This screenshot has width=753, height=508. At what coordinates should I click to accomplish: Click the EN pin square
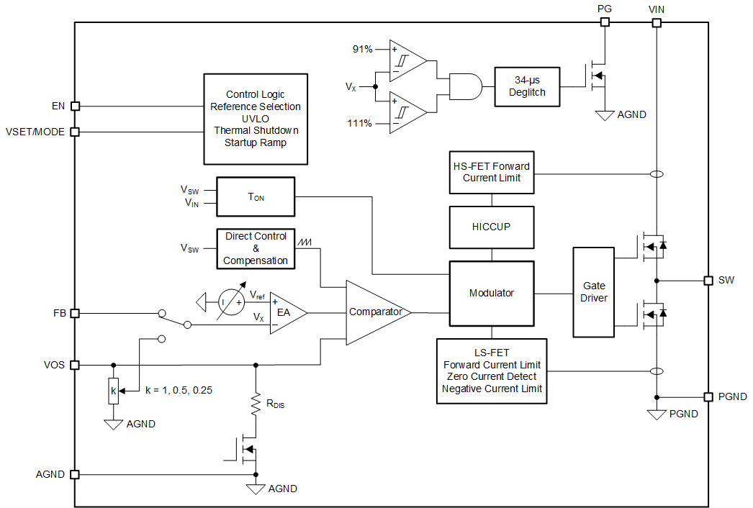(x=75, y=106)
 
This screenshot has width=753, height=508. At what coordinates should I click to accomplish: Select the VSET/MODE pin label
(x=35, y=132)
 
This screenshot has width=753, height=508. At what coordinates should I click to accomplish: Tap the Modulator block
(x=492, y=293)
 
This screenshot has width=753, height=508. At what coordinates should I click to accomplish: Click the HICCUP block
(x=492, y=227)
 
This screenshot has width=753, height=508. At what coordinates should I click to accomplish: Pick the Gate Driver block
(x=594, y=291)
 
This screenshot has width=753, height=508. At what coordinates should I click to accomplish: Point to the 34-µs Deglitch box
(x=527, y=86)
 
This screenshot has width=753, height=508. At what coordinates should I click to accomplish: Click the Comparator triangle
(x=374, y=312)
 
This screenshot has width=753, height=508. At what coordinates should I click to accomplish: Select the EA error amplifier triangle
(x=286, y=313)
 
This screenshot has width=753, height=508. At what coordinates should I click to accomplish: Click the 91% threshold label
(x=362, y=50)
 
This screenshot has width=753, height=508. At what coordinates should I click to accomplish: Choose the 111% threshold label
(x=360, y=123)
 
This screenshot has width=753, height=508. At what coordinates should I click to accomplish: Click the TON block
(x=256, y=197)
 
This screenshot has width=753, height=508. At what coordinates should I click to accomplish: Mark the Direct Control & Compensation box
(x=256, y=248)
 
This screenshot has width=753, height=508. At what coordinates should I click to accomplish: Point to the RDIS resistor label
(x=275, y=404)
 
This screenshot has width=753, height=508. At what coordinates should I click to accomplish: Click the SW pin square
(x=708, y=280)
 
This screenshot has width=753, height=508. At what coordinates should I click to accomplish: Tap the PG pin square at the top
(x=605, y=22)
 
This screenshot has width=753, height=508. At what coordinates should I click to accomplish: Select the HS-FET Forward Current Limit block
(x=492, y=172)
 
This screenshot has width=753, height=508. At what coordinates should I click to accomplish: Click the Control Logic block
(x=256, y=119)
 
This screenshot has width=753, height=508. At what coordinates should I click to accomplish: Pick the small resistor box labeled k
(x=113, y=392)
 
